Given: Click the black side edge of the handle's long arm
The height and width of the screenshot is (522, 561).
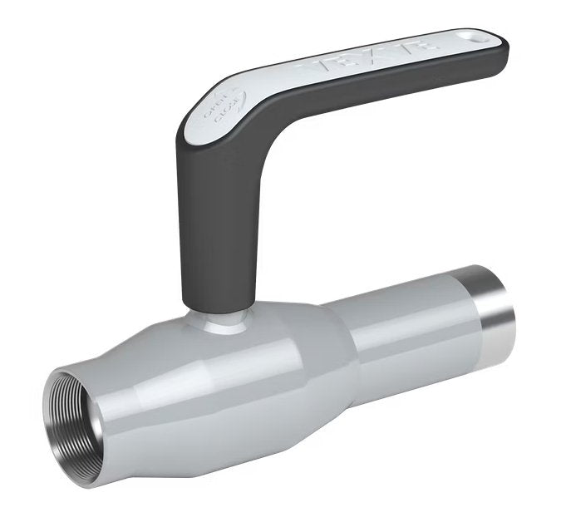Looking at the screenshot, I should point(374,91).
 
